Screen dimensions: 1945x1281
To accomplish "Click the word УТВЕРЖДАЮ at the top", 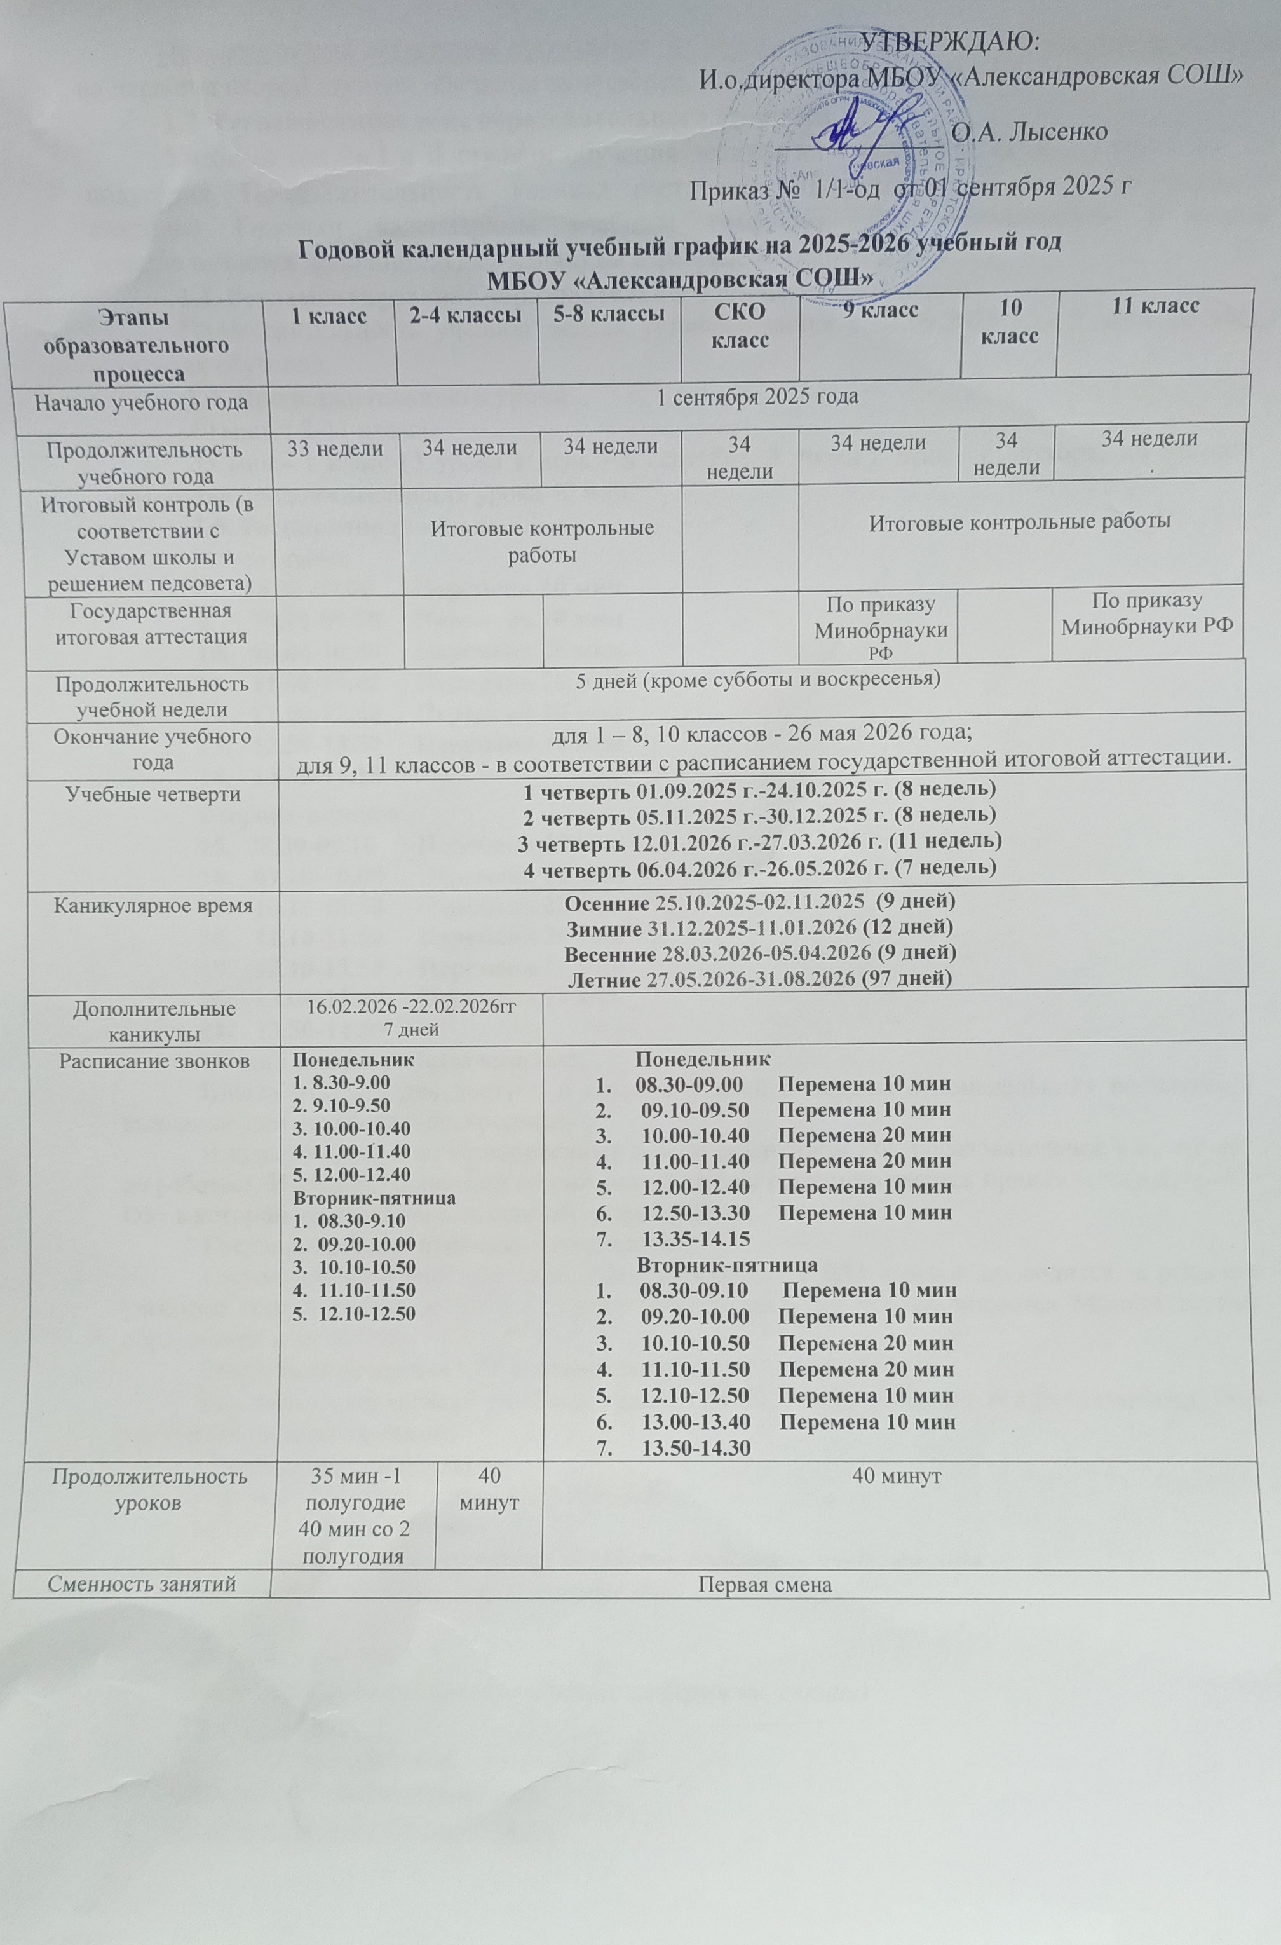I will [x=951, y=41].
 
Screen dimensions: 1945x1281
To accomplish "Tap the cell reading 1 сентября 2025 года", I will [x=758, y=397].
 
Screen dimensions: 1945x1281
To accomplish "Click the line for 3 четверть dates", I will [x=761, y=840].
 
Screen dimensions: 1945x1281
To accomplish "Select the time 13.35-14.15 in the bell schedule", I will [x=696, y=1238].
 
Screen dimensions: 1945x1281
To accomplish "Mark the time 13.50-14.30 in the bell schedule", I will [x=696, y=1447].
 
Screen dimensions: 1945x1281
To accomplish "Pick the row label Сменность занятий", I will [x=141, y=1585].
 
